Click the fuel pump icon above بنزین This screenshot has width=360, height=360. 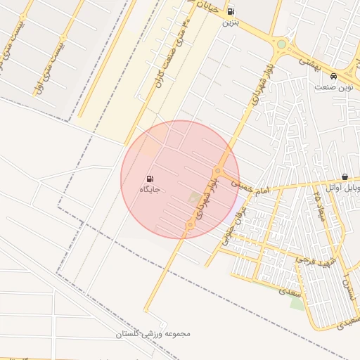[x=231, y=12]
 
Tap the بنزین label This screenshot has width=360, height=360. [x=231, y=22]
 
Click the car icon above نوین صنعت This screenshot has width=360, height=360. [x=333, y=77]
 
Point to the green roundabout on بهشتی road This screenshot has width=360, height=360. [x=281, y=45]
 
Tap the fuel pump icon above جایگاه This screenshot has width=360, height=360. [x=150, y=179]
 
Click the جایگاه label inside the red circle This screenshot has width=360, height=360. [x=150, y=189]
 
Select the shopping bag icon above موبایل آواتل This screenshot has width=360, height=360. [x=345, y=177]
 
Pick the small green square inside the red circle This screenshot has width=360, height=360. [x=194, y=199]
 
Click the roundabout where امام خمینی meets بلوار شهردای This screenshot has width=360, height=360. [x=218, y=172]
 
